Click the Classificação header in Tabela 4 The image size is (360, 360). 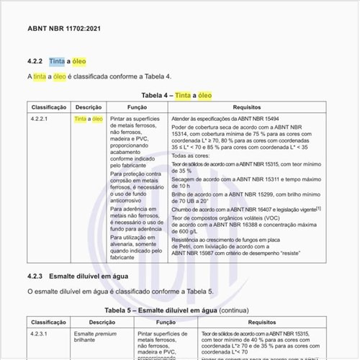(49, 107)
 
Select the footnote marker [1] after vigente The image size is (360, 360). (318, 207)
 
